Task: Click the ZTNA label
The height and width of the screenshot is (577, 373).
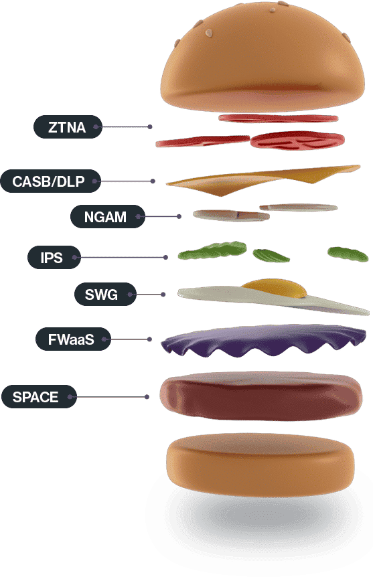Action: [68, 127]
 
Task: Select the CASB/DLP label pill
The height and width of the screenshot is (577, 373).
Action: [50, 181]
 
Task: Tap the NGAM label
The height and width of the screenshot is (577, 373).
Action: [108, 217]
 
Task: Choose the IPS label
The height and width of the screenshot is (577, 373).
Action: [54, 257]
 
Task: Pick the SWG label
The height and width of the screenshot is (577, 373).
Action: [105, 295]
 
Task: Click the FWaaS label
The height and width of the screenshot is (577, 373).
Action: [73, 339]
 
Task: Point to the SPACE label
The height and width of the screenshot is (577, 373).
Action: [39, 397]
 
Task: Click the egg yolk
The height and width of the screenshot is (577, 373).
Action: [275, 288]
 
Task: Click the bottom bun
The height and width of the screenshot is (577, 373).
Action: [260, 465]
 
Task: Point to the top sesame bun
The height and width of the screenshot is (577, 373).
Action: [263, 57]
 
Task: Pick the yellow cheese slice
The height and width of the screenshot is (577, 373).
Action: [263, 179]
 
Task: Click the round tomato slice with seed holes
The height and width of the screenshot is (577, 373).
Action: [297, 141]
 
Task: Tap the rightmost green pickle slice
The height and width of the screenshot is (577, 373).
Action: [348, 254]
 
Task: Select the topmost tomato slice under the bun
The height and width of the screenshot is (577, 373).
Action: [278, 118]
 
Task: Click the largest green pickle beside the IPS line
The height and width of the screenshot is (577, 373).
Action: [212, 250]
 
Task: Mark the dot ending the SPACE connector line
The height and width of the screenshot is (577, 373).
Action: [147, 397]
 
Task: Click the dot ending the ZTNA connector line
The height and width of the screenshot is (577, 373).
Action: [150, 127]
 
